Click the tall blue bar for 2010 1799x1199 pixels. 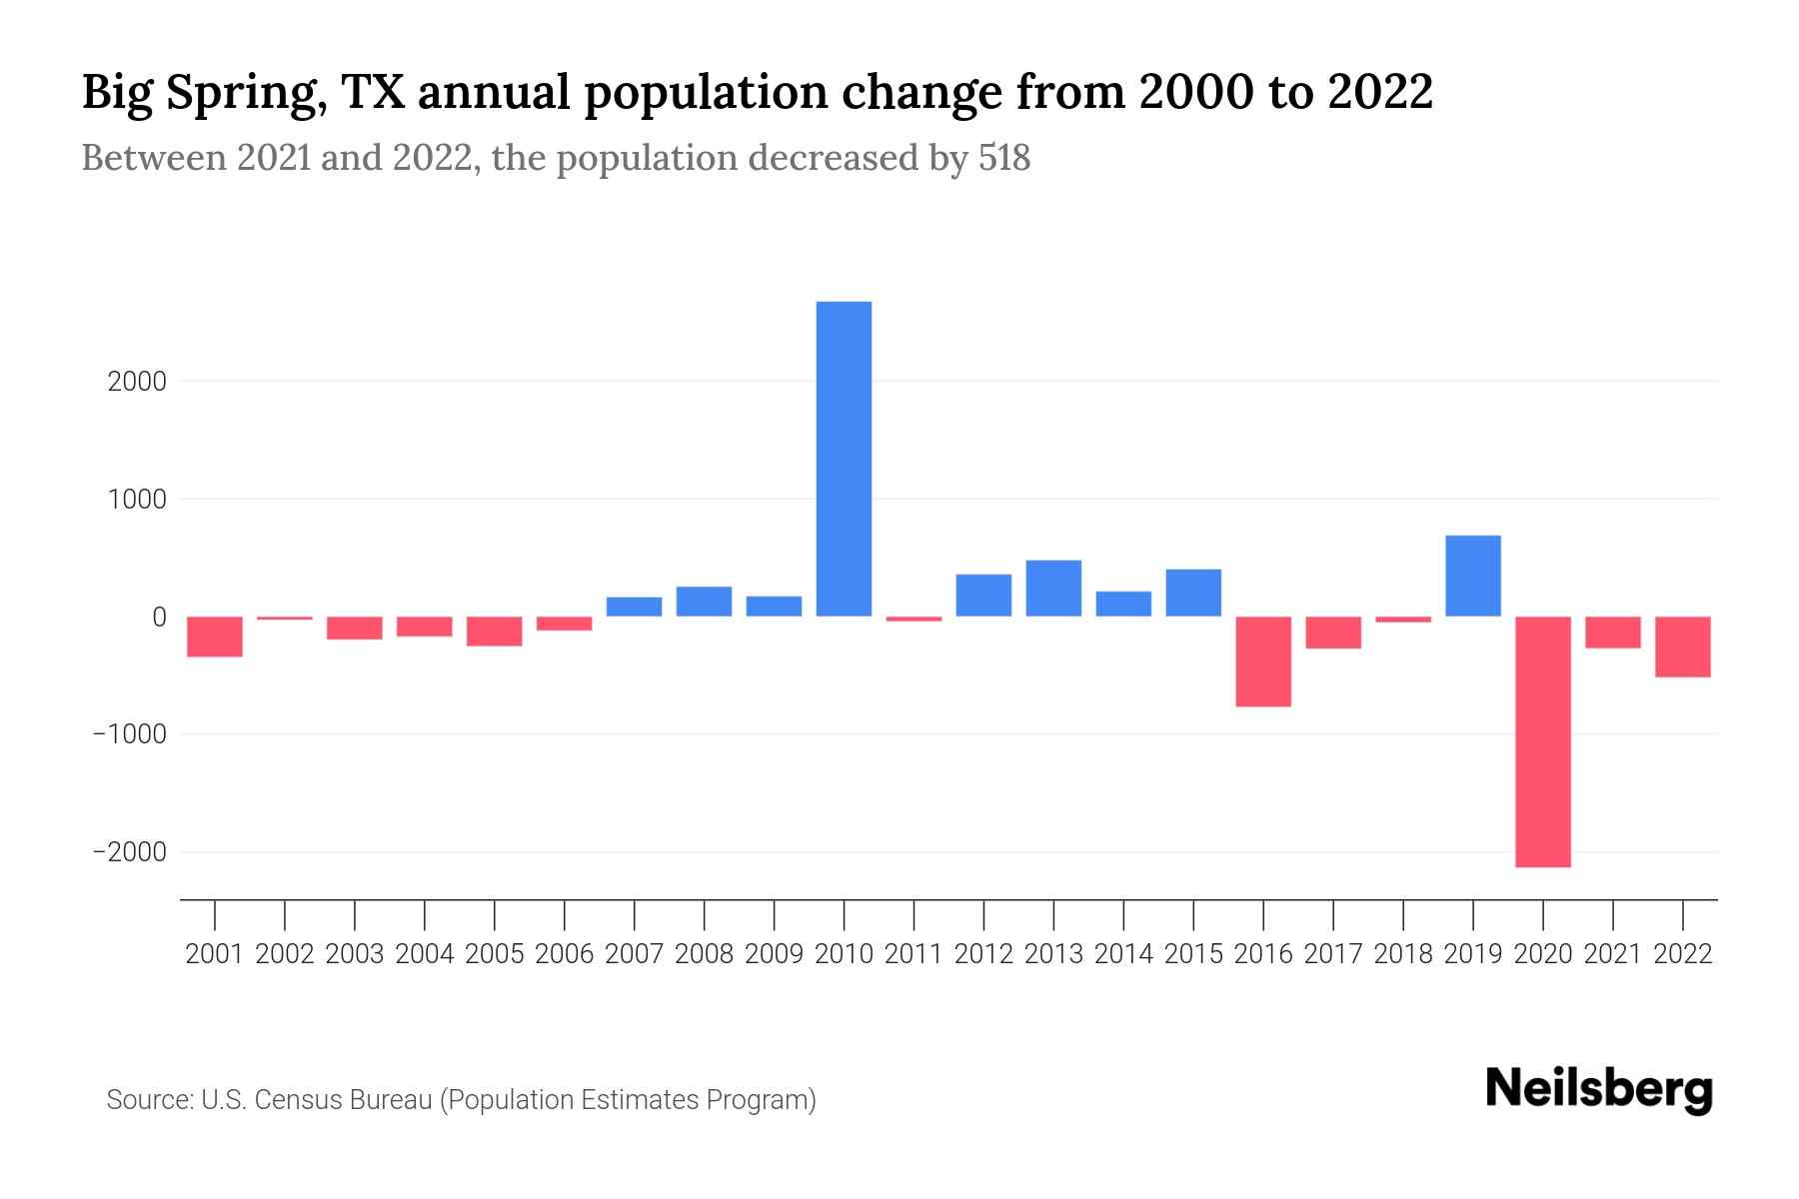(x=844, y=459)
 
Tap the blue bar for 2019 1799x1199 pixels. (x=1472, y=576)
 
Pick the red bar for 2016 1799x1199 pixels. (x=1262, y=661)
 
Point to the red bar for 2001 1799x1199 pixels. (x=215, y=636)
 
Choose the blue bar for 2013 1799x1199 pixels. (x=1053, y=588)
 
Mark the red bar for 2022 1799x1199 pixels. (x=1682, y=646)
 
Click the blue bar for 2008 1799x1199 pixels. (x=704, y=600)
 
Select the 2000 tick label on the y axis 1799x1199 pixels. (x=137, y=382)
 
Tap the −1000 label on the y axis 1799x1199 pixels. (x=129, y=734)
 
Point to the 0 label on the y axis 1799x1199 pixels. (x=159, y=617)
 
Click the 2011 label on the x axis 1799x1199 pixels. (x=913, y=954)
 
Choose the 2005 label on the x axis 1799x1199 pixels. (x=495, y=954)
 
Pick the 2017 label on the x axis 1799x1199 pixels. (x=1332, y=954)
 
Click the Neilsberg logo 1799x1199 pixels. (x=1599, y=1090)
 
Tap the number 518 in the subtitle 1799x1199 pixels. (x=1004, y=158)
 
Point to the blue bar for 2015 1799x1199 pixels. (x=1192, y=593)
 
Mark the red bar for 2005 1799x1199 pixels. (x=495, y=631)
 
